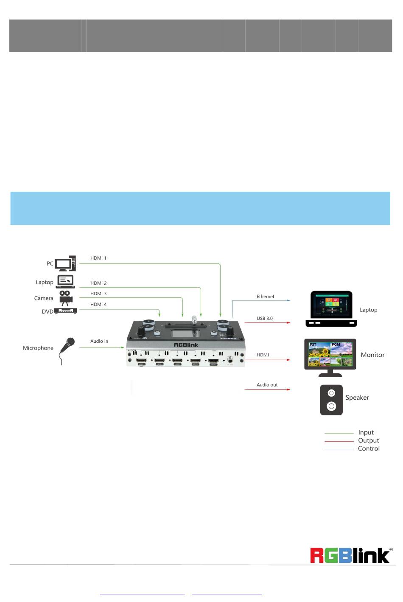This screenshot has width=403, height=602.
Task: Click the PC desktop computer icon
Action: click(65, 263)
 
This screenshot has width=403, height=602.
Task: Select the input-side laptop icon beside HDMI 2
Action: click(65, 282)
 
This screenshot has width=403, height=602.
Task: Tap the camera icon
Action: click(65, 298)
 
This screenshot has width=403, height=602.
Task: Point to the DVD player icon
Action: click(66, 311)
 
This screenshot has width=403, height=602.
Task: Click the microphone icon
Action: click(66, 350)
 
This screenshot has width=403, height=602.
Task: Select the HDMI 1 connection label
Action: click(98, 258)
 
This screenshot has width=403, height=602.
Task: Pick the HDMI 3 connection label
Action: click(98, 294)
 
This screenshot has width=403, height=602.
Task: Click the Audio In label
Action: click(99, 341)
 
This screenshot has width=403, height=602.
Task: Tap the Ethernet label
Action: click(265, 297)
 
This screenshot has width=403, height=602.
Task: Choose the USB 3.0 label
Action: click(264, 318)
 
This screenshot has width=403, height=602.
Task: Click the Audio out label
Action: click(267, 385)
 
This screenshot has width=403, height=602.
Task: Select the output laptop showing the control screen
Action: click(331, 308)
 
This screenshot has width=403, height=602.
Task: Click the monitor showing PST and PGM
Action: click(330, 357)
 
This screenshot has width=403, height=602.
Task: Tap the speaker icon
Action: click(331, 400)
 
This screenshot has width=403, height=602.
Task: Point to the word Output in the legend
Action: click(368, 440)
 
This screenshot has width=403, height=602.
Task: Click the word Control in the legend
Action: click(369, 448)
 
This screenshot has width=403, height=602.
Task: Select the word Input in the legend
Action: click(366, 432)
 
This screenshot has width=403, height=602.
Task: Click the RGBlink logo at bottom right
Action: click(350, 555)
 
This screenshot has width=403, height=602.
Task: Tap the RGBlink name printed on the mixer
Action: click(186, 345)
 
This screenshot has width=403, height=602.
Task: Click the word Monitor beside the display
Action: click(372, 355)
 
